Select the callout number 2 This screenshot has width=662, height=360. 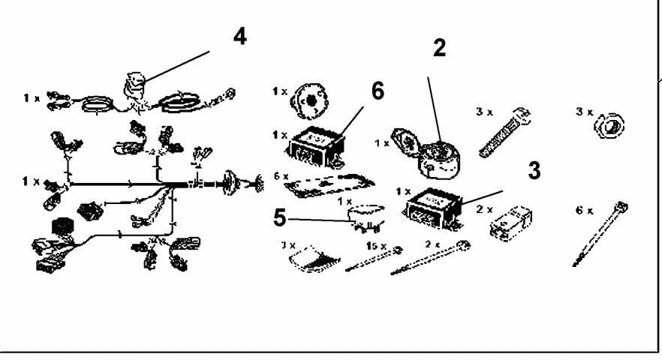point(439,48)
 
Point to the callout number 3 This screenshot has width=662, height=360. point(534,169)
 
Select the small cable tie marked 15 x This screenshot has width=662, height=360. point(372,259)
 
